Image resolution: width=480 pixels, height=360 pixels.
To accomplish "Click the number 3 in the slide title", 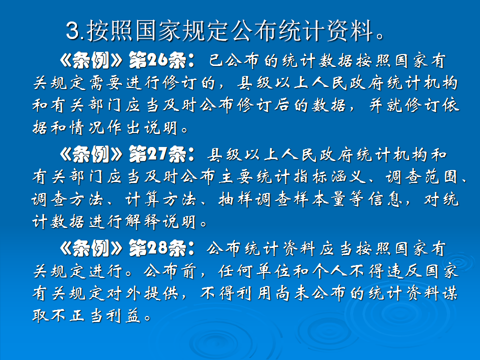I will click(x=73, y=32).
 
